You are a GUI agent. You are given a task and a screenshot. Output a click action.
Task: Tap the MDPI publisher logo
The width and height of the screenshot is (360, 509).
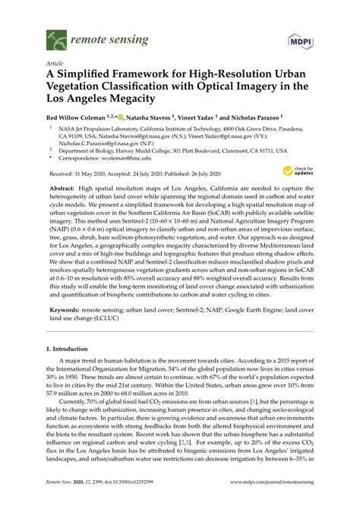(297, 36)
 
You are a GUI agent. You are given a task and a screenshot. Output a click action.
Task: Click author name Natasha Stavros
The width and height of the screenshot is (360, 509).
(151, 119)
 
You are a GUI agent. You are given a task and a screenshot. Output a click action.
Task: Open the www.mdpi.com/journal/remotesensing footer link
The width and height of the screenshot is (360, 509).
(264, 492)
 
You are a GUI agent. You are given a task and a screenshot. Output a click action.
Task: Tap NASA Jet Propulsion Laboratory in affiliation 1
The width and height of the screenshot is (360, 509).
(91, 131)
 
